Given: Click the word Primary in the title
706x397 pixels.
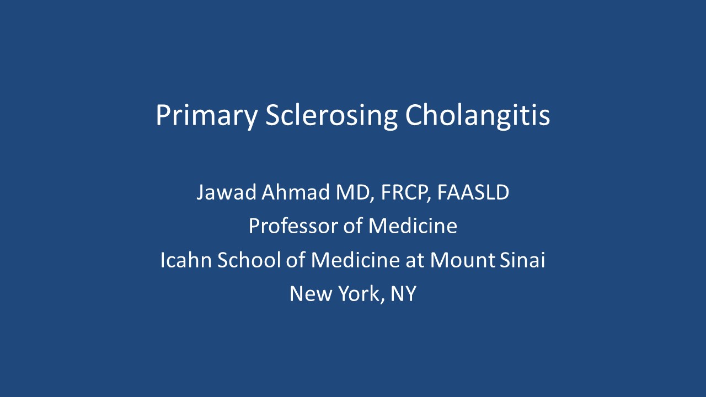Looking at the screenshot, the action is coord(207,115).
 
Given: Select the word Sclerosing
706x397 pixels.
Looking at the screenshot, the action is coord(331,115).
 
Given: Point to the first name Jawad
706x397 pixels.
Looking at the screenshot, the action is coord(226,192).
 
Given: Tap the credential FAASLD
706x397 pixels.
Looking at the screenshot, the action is coord(473,192).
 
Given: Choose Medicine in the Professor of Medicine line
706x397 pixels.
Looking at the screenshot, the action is coord(413,226).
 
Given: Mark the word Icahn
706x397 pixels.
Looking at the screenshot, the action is coord(186,260).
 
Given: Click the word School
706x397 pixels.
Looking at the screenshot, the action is coord(249,260).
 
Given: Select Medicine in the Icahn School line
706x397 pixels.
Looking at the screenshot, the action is coord(355,260).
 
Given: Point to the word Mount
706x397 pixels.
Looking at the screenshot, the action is coord(463,260).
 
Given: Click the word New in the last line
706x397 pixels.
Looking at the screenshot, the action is coord(311,294).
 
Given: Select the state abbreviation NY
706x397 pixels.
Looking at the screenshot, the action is coord(403,294).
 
